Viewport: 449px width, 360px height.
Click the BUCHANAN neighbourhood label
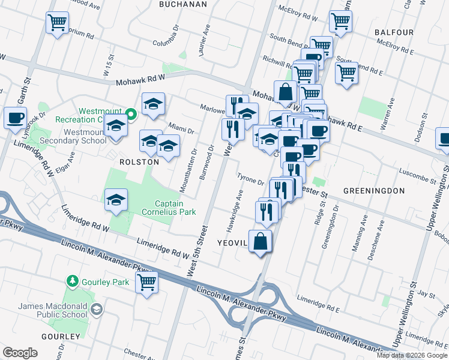tap(182, 4)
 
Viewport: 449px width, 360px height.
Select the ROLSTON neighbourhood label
tap(139, 162)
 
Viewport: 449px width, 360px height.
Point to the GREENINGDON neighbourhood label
tap(374, 190)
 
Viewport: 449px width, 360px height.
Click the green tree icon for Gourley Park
tap(73, 281)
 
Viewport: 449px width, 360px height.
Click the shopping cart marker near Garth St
tap(57, 23)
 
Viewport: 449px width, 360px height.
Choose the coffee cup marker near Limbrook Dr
tap(15, 117)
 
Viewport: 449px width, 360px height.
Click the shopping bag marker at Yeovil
tap(260, 242)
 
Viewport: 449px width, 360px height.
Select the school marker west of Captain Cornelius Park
tap(116, 200)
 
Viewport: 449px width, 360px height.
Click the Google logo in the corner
tap(20, 353)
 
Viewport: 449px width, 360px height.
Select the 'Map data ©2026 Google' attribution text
tap(412, 355)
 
